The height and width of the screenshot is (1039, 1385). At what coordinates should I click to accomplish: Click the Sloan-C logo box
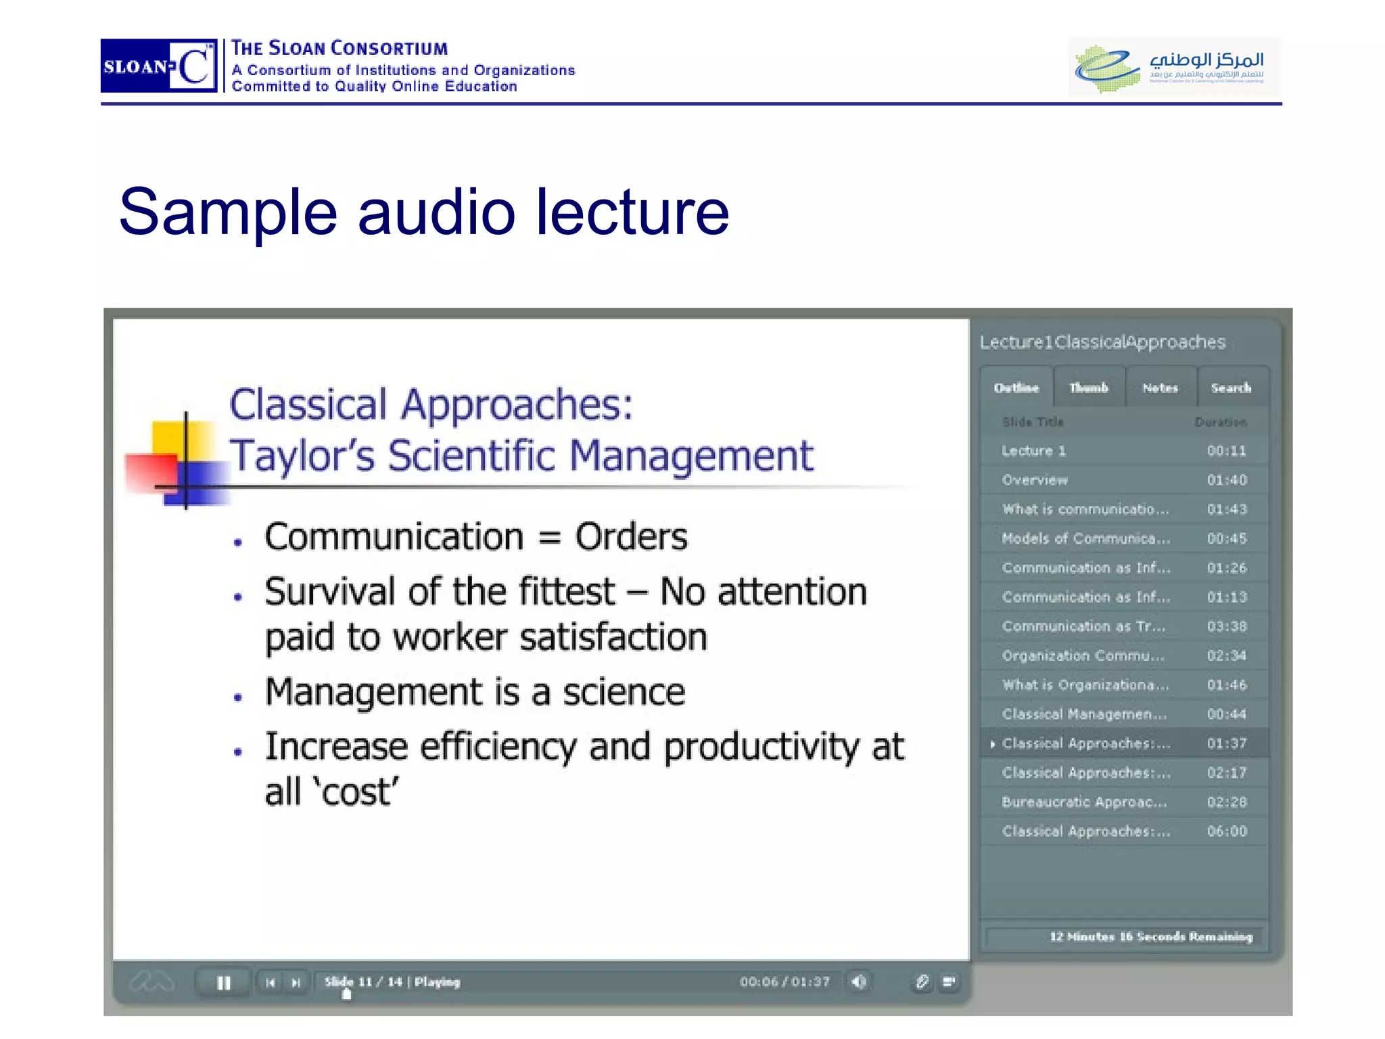(x=159, y=66)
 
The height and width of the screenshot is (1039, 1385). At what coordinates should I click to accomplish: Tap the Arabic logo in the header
(x=1174, y=67)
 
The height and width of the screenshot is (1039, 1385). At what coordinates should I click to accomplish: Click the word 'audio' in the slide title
(x=436, y=212)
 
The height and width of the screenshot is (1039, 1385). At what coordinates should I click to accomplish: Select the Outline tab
(x=1016, y=388)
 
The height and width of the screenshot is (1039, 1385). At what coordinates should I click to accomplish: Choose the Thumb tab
(x=1089, y=388)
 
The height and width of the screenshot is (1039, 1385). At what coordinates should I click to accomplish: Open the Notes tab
(x=1160, y=388)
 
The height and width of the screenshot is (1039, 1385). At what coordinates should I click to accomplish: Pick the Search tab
(x=1231, y=388)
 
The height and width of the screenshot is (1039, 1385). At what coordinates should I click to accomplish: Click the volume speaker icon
(x=859, y=982)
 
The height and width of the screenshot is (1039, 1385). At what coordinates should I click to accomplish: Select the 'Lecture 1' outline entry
(x=1034, y=451)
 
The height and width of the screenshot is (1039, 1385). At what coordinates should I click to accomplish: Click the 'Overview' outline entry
(x=1035, y=480)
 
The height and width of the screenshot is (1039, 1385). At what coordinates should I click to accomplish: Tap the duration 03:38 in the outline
(x=1227, y=626)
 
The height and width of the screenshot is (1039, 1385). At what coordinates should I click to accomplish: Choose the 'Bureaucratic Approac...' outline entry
(x=1085, y=802)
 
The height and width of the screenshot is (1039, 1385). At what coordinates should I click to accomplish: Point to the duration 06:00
(x=1227, y=831)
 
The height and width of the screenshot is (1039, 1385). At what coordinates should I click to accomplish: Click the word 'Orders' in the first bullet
(x=631, y=537)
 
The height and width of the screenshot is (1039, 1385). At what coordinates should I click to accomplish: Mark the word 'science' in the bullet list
(x=624, y=692)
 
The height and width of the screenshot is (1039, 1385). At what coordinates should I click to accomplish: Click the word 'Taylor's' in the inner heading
(x=302, y=455)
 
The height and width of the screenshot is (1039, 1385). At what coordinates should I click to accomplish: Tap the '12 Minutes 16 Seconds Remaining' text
(x=1151, y=936)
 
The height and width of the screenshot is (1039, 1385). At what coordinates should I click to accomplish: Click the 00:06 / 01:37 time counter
(x=784, y=982)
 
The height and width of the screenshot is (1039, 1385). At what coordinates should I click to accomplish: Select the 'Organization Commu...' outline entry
(x=1083, y=655)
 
